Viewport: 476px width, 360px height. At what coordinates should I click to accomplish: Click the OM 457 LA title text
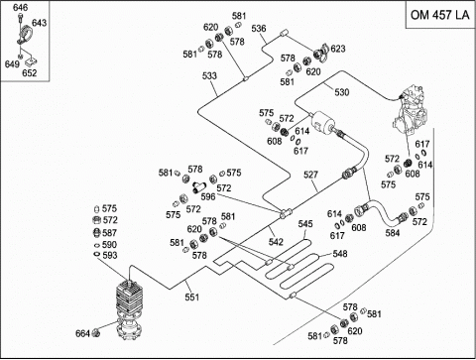coord(439,15)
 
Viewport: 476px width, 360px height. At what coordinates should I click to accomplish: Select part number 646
coord(21,7)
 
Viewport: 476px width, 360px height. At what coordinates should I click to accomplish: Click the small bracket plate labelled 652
coord(31,62)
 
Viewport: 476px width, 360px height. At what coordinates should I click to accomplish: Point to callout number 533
coord(209,76)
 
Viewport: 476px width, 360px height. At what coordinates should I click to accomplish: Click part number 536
coord(259,29)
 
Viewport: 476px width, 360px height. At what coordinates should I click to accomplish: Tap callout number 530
coord(342,92)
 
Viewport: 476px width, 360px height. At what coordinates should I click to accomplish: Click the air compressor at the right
coord(411,109)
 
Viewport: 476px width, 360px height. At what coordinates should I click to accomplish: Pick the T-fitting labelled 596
coord(199,186)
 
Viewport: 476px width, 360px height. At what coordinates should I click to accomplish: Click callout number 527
coord(310,175)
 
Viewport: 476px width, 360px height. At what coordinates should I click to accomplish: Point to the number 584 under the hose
coord(393,233)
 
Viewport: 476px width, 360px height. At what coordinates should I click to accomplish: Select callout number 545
coord(305,224)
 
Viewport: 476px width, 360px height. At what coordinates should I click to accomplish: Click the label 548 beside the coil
coord(340,254)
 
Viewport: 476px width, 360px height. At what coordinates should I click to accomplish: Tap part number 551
coord(192,297)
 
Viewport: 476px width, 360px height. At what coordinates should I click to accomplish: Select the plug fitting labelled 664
coord(96,332)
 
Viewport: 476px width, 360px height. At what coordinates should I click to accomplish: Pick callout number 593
coord(110,255)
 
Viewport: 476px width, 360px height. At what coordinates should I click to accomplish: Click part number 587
coord(110,233)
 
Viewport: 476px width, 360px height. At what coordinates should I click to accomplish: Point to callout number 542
coord(276,242)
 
